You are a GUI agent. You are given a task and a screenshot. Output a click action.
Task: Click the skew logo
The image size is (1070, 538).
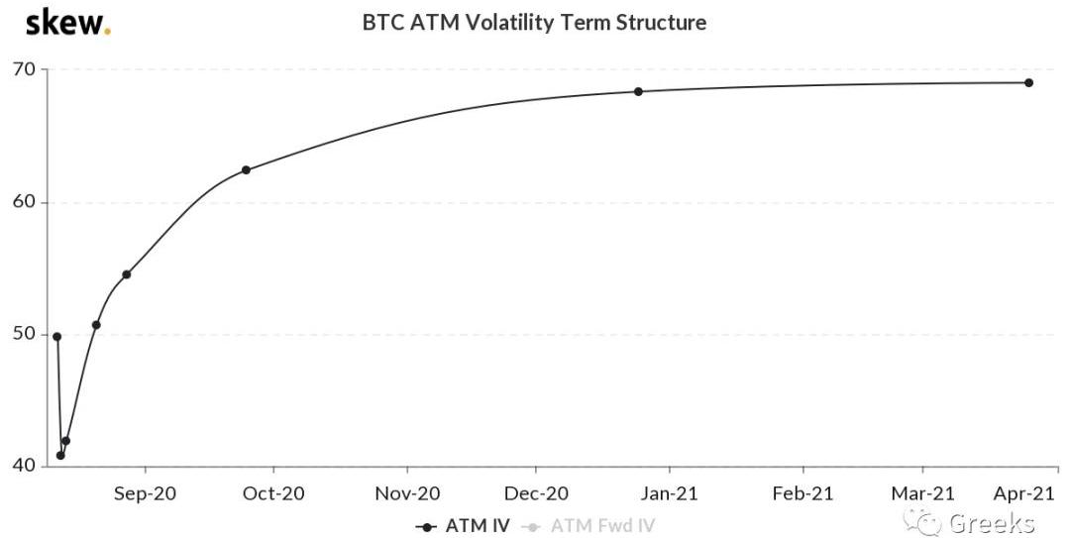(x=66, y=22)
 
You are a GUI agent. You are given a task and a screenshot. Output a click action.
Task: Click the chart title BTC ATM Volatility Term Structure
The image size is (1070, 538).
(x=534, y=22)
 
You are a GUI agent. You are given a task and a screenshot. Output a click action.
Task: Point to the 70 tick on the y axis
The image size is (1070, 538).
(x=25, y=69)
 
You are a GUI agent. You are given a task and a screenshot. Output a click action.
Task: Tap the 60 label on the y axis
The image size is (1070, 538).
(x=25, y=202)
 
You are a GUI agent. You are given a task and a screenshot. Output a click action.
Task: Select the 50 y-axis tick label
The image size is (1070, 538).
(x=25, y=334)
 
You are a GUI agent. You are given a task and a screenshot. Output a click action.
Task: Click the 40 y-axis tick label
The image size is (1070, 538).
(x=25, y=466)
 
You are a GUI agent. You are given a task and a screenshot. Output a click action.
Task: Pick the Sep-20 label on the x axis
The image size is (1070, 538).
(x=145, y=492)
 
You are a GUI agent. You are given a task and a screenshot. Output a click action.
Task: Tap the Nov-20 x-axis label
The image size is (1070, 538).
(x=406, y=492)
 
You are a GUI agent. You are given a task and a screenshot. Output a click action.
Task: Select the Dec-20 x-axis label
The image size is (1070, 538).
(x=536, y=492)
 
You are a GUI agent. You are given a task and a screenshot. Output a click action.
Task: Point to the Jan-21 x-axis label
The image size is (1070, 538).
(x=670, y=492)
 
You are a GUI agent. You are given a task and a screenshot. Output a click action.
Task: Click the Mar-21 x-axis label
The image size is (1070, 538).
(x=923, y=492)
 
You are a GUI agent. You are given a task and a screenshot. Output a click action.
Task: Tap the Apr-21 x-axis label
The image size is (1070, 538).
(x=1024, y=492)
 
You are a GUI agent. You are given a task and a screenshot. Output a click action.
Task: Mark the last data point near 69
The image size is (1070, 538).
(x=1028, y=82)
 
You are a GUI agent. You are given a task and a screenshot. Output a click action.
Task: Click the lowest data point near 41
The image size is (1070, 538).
(x=60, y=456)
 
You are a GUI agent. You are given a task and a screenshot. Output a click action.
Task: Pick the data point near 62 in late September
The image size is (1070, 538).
(x=246, y=169)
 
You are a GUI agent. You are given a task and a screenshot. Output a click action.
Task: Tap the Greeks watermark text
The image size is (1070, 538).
(x=991, y=522)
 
